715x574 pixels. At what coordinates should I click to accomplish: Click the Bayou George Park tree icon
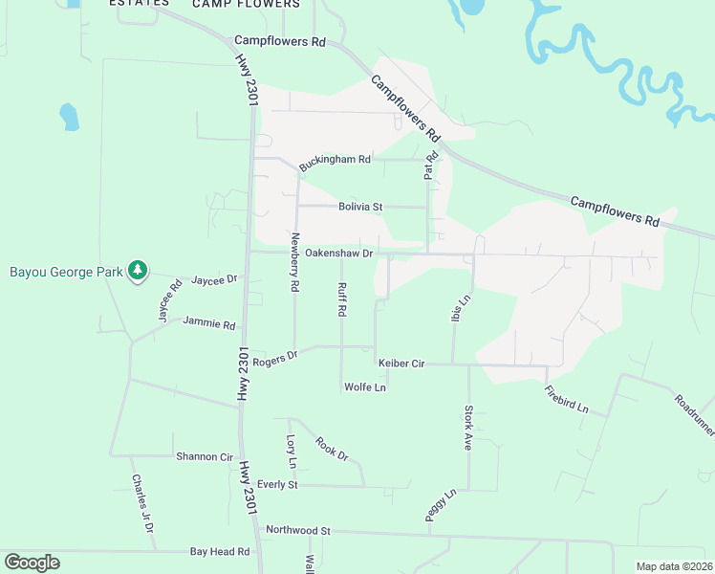[139, 271]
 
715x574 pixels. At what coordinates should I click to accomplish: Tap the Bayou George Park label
[66, 272]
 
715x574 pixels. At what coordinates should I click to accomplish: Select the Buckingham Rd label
[334, 161]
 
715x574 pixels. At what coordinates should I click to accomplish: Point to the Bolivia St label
[359, 207]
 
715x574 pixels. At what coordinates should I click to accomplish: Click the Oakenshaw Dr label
[338, 254]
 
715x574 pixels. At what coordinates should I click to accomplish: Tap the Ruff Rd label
[340, 299]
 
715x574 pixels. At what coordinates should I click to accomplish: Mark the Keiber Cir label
[401, 364]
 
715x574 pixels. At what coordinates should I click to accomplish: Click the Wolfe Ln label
[364, 387]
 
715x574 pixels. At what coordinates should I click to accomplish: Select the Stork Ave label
[468, 428]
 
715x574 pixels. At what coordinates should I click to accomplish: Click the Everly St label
[277, 485]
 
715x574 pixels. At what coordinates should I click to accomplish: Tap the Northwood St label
[297, 530]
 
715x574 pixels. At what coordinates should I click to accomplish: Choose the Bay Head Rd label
[219, 552]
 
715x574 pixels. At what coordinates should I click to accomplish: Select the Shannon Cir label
[205, 456]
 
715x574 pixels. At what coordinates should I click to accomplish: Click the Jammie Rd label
[208, 323]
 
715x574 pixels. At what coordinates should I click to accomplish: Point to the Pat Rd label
[430, 166]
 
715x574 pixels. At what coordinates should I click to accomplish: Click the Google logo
[32, 563]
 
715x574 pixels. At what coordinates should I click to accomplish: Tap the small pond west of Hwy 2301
[69, 117]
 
